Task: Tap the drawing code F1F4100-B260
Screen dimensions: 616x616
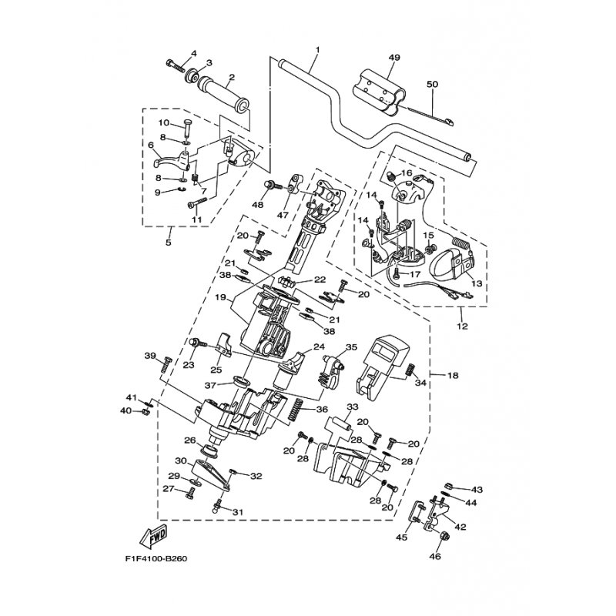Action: [157, 558]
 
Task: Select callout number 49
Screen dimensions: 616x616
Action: [394, 58]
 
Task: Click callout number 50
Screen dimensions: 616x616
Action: [432, 84]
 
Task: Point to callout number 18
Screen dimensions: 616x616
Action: [453, 376]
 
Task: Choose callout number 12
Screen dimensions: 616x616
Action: [463, 326]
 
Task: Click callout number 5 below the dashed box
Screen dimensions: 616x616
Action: [168, 242]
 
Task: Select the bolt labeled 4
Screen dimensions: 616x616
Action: [176, 65]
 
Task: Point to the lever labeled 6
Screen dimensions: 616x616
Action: [171, 160]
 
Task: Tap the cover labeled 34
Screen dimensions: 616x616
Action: [382, 367]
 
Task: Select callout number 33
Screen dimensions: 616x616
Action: [353, 407]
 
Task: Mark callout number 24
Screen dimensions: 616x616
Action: [319, 347]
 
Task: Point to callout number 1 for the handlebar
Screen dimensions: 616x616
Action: [317, 50]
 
